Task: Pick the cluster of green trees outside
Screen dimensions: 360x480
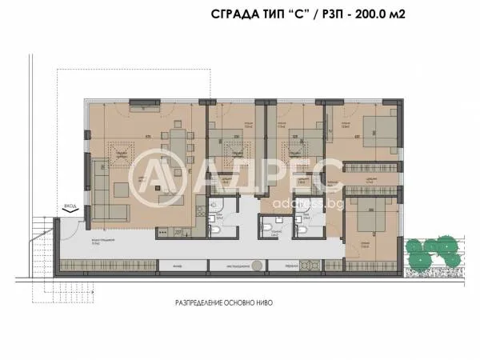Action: click(x=433, y=253)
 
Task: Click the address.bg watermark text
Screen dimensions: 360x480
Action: click(x=287, y=203)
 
